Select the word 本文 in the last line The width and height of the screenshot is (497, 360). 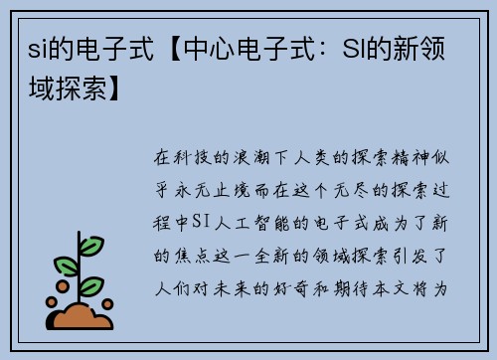424,288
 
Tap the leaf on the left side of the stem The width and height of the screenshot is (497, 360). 67,266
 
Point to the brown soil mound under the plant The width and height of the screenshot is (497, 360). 82,316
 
